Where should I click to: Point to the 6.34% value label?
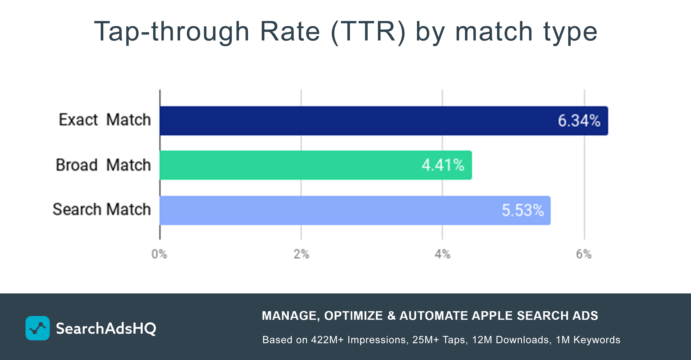pos(579,121)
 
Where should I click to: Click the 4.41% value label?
pos(443,165)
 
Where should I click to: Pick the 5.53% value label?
pos(523,210)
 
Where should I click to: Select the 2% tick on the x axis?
pos(301,254)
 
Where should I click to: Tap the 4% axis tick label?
pos(442,254)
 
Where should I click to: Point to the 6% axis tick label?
pos(584,254)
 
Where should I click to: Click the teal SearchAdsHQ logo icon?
pos(37,328)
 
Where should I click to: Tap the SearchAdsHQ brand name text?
pos(106,328)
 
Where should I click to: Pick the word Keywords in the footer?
pos(597,340)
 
